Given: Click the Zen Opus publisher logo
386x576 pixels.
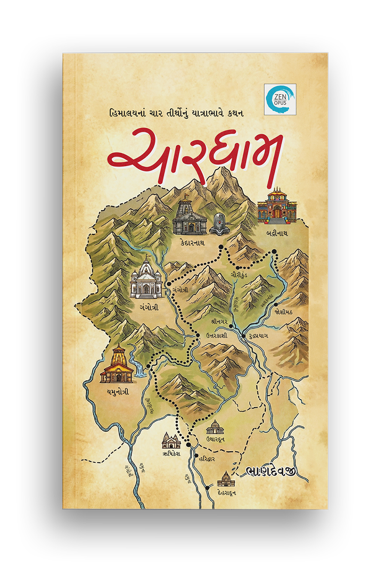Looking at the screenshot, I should [280, 99].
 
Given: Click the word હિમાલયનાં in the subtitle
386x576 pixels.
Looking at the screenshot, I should [123, 113].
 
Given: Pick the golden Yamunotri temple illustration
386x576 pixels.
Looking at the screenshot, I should [117, 365].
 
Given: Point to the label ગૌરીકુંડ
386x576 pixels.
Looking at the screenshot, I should [239, 274].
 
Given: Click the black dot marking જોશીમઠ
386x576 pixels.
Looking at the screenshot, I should [276, 305].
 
